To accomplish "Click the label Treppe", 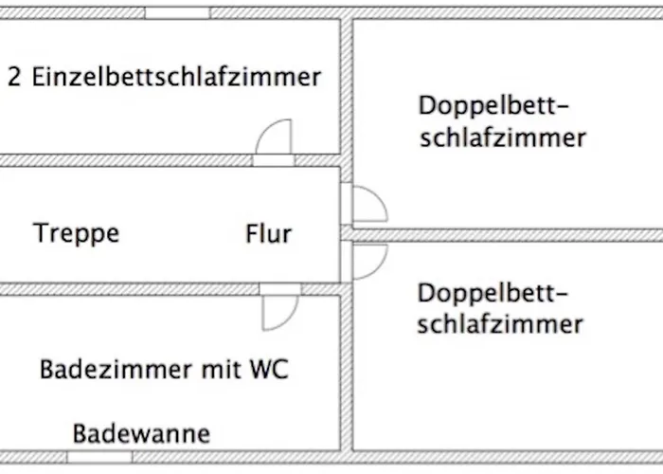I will pyautogui.click(x=77, y=232).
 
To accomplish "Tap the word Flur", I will pyautogui.click(x=268, y=232).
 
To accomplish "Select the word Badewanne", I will pyautogui.click(x=142, y=434).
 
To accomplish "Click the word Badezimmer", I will pyautogui.click(x=115, y=369).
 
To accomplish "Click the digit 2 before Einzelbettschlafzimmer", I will pyautogui.click(x=14, y=78).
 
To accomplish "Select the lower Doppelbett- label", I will pyautogui.click(x=498, y=291).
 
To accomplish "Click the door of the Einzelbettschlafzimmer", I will pyautogui.click(x=276, y=142).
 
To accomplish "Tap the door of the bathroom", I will pyautogui.click(x=280, y=306).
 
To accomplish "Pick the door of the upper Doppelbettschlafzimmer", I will pyautogui.click(x=366, y=204).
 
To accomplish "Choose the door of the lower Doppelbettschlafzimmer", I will pyautogui.click(x=366, y=262).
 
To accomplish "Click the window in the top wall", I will pyautogui.click(x=177, y=13).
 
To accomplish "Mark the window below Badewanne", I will pyautogui.click(x=99, y=457).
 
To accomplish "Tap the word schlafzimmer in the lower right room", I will pyautogui.click(x=499, y=324).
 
